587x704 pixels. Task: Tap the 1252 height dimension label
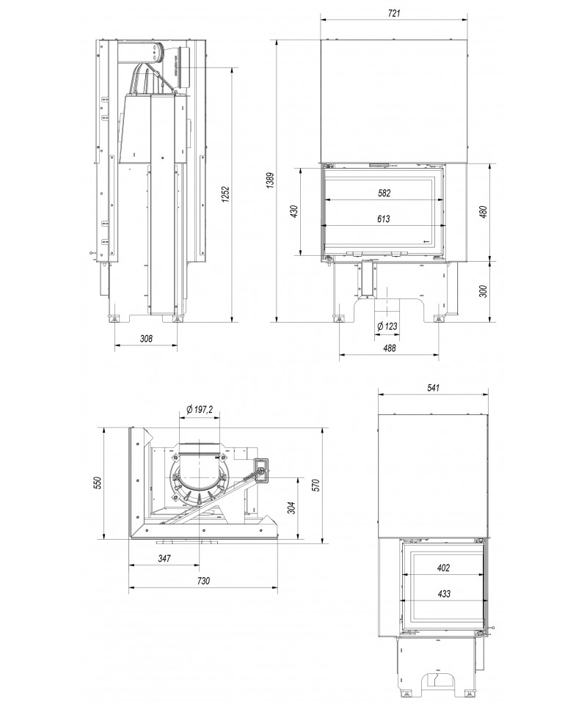coord(226,194)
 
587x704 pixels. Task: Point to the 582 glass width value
coord(384,193)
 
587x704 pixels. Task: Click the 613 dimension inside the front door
coord(384,219)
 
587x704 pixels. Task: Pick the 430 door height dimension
coord(294,212)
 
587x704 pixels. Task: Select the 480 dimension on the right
coord(482,211)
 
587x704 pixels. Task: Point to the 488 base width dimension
coord(388,348)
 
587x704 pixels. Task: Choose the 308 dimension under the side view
coord(146,339)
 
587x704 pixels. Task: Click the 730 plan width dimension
coord(203,581)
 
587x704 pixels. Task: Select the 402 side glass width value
coord(442,568)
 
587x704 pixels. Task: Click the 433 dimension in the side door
coord(442,594)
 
